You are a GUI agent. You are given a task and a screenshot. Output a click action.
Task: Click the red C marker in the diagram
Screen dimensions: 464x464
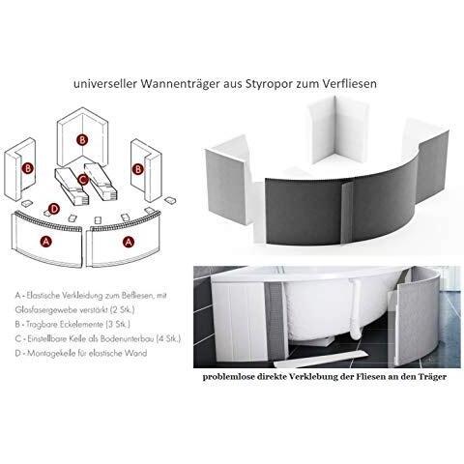tap(83, 179)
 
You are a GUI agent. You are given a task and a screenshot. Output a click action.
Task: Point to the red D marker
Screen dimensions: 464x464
tap(54, 209)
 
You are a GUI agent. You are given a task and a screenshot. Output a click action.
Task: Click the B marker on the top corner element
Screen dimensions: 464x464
tap(82, 140)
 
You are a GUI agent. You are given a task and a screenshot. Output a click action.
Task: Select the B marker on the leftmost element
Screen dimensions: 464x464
tap(28, 168)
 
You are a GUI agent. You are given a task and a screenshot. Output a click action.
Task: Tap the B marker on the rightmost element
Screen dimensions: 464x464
tap(138, 169)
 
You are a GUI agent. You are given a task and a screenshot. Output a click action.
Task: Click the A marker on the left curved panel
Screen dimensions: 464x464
tap(46, 242)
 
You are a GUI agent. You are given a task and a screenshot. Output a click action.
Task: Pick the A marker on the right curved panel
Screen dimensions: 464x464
tap(129, 242)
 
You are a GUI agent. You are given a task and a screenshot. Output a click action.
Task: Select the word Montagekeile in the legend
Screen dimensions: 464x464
tap(50, 354)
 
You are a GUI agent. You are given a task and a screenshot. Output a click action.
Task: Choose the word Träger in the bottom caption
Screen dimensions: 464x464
tap(433, 377)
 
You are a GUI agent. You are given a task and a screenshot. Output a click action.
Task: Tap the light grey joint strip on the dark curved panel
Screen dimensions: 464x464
tap(347, 212)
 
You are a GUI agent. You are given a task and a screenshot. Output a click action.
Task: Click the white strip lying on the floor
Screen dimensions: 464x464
tap(321, 359)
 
